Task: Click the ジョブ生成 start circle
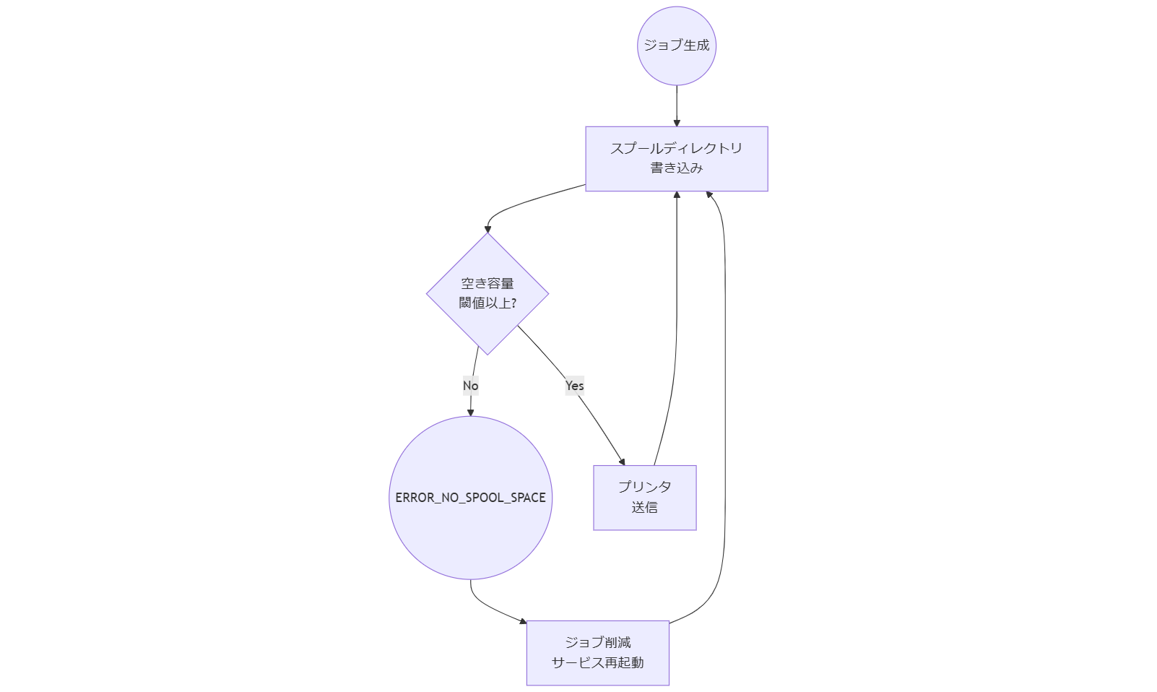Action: tap(676, 46)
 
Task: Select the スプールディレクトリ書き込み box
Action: tap(676, 158)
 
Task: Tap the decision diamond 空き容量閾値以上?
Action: tap(487, 294)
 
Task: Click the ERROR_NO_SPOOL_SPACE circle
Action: tap(470, 498)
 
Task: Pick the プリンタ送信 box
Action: tap(644, 497)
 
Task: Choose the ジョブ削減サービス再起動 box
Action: tap(597, 652)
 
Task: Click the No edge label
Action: tap(470, 385)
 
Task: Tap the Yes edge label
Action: tap(574, 385)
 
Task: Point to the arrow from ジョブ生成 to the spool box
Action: tap(677, 105)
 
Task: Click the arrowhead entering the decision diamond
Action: tap(487, 229)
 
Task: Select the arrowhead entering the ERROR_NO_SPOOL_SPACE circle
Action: tap(470, 412)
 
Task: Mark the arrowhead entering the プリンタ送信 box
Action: tap(622, 462)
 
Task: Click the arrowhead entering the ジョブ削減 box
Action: tap(523, 620)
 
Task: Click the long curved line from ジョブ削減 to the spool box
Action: tap(724, 405)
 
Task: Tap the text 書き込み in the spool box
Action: tap(676, 168)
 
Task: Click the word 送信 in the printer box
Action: tap(644, 507)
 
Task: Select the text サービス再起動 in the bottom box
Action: tap(597, 662)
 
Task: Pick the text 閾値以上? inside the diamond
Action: tap(487, 303)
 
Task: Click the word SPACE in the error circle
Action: tap(528, 498)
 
